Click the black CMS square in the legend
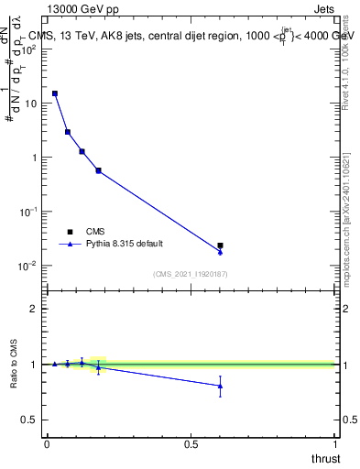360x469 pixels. point(68,232)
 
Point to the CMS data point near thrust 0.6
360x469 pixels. point(220,245)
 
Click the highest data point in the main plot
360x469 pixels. point(55,93)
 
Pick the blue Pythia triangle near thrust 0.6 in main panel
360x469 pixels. point(220,252)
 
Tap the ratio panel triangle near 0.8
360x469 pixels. point(220,386)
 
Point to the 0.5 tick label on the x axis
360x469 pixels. point(191,444)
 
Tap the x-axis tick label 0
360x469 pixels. point(47,444)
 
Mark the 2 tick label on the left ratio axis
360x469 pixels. point(37,309)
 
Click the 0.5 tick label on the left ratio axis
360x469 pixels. point(33,420)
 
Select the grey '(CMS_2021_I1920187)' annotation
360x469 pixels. point(191,274)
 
